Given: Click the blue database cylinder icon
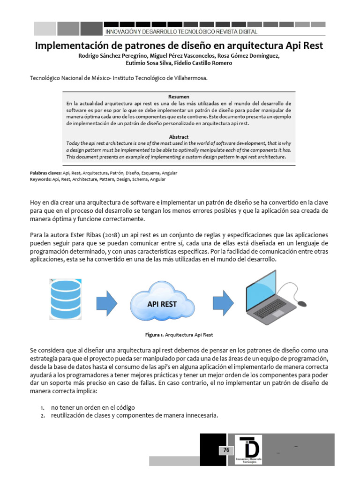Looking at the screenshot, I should [x=66, y=296].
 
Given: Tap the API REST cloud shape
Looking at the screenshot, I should [x=162, y=302].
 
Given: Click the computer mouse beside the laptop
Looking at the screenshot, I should [x=302, y=303].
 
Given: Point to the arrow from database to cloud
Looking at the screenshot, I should [x=107, y=303].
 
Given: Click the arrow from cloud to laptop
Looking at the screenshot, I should [x=224, y=303].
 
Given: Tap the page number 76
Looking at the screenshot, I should [x=226, y=450].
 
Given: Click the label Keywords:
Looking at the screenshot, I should [x=40, y=179].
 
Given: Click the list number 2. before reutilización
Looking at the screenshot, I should [x=42, y=415].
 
